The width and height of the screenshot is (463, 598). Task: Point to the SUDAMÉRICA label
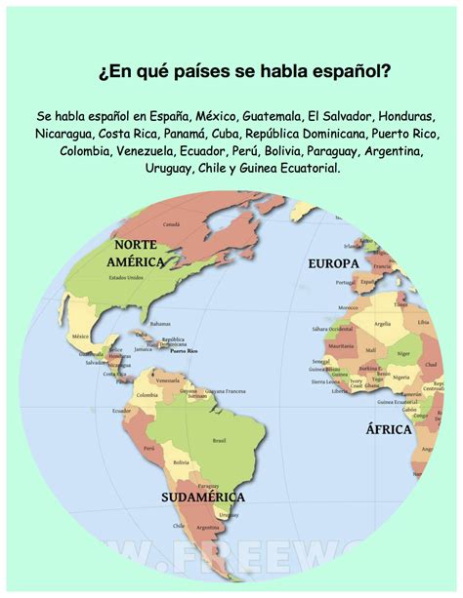click(203, 497)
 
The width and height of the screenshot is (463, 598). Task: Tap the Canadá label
click(171, 224)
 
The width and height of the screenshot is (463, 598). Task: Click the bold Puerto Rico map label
click(184, 350)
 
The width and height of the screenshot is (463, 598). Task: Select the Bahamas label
click(160, 324)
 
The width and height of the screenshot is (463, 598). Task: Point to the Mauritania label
click(341, 345)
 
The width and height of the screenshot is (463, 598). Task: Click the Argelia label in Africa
click(383, 323)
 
